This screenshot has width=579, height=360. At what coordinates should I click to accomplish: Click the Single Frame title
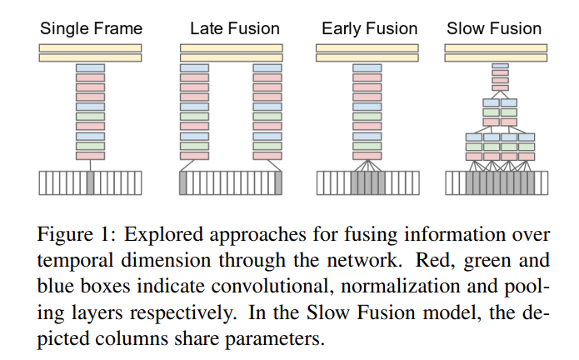coord(91,29)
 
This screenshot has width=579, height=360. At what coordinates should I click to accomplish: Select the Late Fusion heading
coord(234,29)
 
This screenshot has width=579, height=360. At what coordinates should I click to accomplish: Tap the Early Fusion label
coord(369,29)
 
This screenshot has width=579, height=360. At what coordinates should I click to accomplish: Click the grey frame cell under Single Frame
coord(90,182)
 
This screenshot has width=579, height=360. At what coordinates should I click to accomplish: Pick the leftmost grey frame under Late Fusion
coord(184,182)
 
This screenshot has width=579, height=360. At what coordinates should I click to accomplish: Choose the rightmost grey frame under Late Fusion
coord(278,182)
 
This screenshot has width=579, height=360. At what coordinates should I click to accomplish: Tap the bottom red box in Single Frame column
coord(90,155)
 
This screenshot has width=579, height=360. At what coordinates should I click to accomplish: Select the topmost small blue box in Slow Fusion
coord(500,66)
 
